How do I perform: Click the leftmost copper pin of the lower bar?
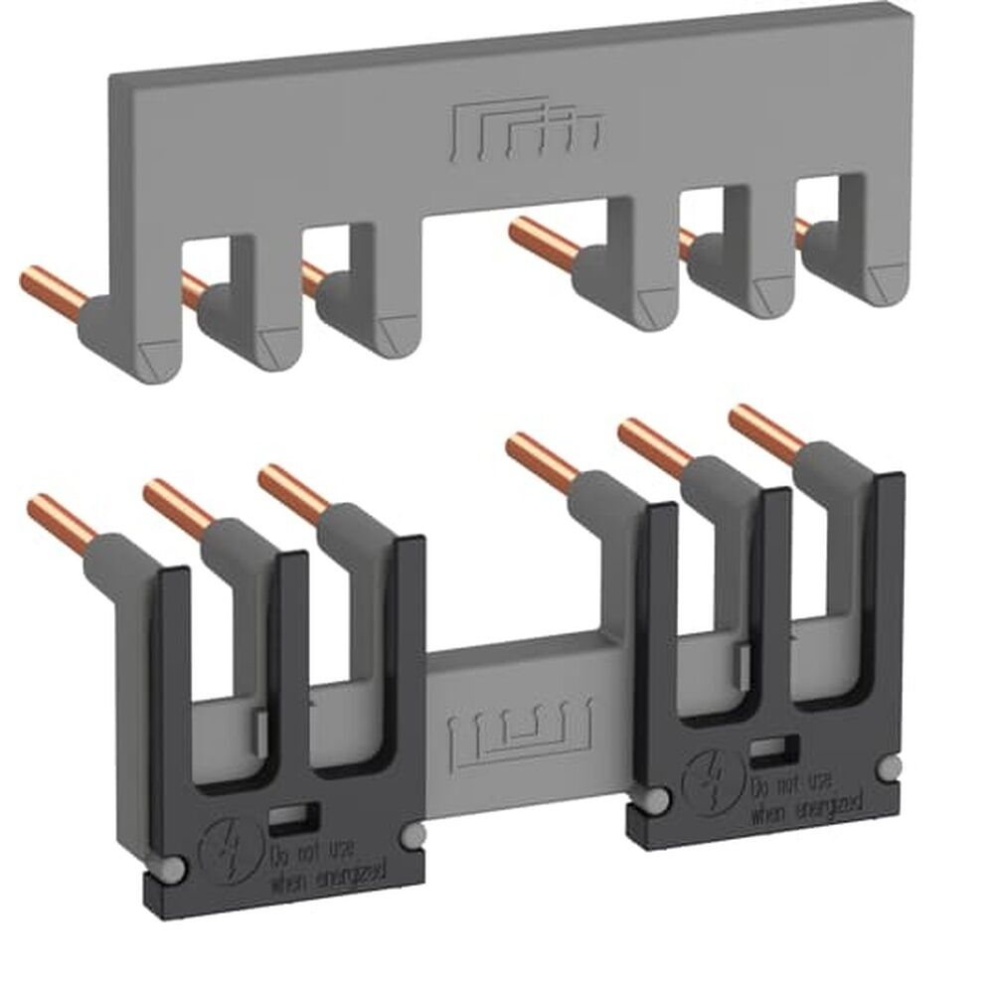66,518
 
